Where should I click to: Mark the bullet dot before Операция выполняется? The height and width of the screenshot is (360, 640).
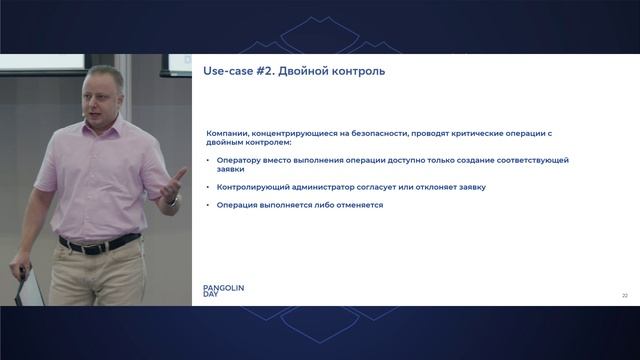click(208, 205)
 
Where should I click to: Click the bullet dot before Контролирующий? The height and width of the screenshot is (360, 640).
click(208, 187)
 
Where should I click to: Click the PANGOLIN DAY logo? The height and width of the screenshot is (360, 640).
click(223, 291)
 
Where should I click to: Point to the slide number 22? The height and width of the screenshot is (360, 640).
click(624, 295)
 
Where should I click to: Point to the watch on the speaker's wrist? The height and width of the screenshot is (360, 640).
click(171, 200)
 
